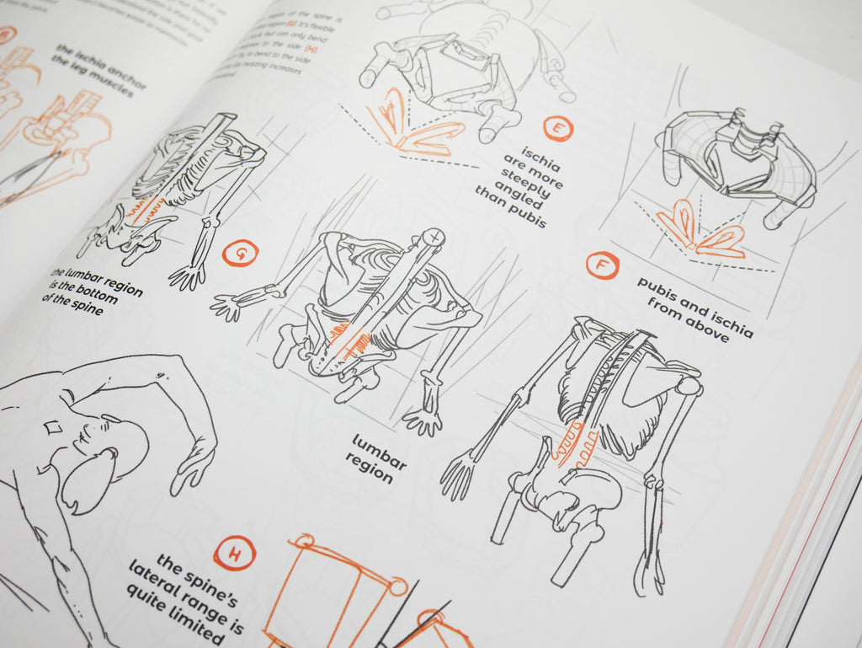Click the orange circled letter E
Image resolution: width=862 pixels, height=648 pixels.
[x=556, y=128]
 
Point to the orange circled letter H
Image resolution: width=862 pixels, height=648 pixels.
[x=231, y=554]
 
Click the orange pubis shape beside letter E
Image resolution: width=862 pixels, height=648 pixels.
[x=421, y=131]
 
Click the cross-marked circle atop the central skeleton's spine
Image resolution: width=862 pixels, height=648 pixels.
[x=433, y=238]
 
